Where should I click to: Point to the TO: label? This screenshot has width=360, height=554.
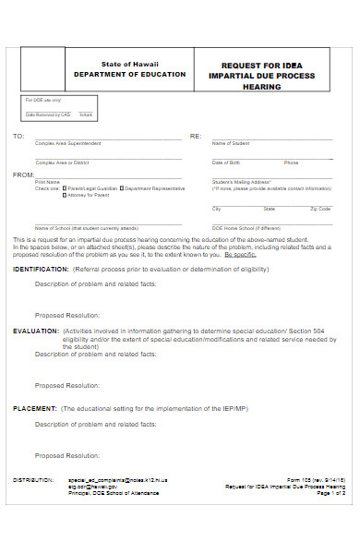click(x=18, y=136)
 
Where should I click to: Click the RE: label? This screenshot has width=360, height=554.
click(x=196, y=136)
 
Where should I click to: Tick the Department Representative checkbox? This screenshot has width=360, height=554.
click(x=120, y=188)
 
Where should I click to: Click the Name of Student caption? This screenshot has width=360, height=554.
click(x=232, y=144)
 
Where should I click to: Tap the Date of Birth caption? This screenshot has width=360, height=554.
click(x=228, y=163)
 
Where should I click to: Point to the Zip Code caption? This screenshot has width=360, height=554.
click(x=321, y=210)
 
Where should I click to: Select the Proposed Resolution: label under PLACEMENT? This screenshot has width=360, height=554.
click(x=67, y=455)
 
